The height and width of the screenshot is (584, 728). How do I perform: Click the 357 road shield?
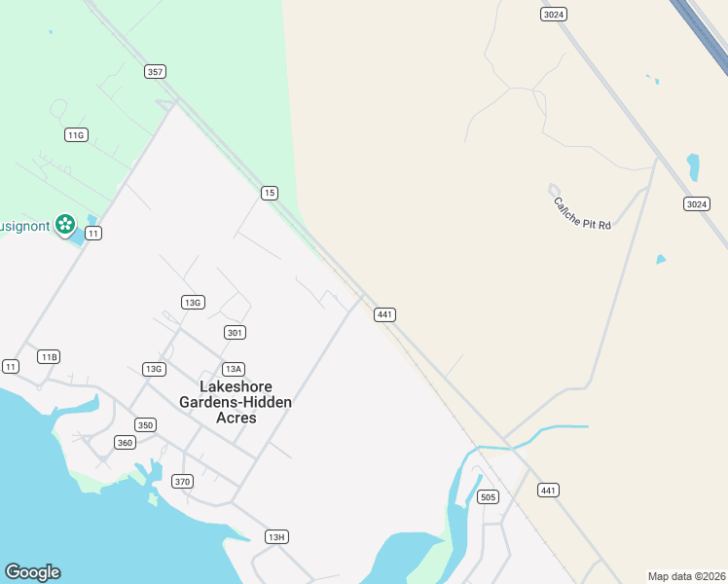pyautogui.click(x=155, y=71)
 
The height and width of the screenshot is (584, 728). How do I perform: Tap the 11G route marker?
pyautogui.click(x=76, y=134)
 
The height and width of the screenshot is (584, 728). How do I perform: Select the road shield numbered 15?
pyautogui.click(x=270, y=193)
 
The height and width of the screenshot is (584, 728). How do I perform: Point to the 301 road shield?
pyautogui.click(x=235, y=332)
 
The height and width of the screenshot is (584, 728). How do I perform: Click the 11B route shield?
pyautogui.click(x=49, y=357)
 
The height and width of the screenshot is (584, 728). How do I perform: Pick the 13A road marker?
pyautogui.click(x=233, y=369)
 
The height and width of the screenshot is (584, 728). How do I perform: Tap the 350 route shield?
pyautogui.click(x=145, y=425)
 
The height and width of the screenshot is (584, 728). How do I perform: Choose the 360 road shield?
pyautogui.click(x=124, y=443)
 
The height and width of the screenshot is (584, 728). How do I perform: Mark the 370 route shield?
pyautogui.click(x=182, y=481)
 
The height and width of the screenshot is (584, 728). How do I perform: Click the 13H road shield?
pyautogui.click(x=276, y=537)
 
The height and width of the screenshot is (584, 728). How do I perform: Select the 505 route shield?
pyautogui.click(x=489, y=497)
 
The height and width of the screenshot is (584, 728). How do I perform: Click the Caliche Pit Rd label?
pyautogui.click(x=582, y=214)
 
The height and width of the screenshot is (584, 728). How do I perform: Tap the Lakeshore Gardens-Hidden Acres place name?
pyautogui.click(x=236, y=401)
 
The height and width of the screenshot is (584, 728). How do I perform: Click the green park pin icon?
pyautogui.click(x=65, y=225)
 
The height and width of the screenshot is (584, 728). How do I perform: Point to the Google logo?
pyautogui.click(x=32, y=572)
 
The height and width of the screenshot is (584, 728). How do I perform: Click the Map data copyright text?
pyautogui.click(x=686, y=575)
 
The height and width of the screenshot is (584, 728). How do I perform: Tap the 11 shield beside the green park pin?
pyautogui.click(x=93, y=233)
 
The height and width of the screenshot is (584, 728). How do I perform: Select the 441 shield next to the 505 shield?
pyautogui.click(x=549, y=490)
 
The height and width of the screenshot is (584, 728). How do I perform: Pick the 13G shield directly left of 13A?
pyautogui.click(x=153, y=369)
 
